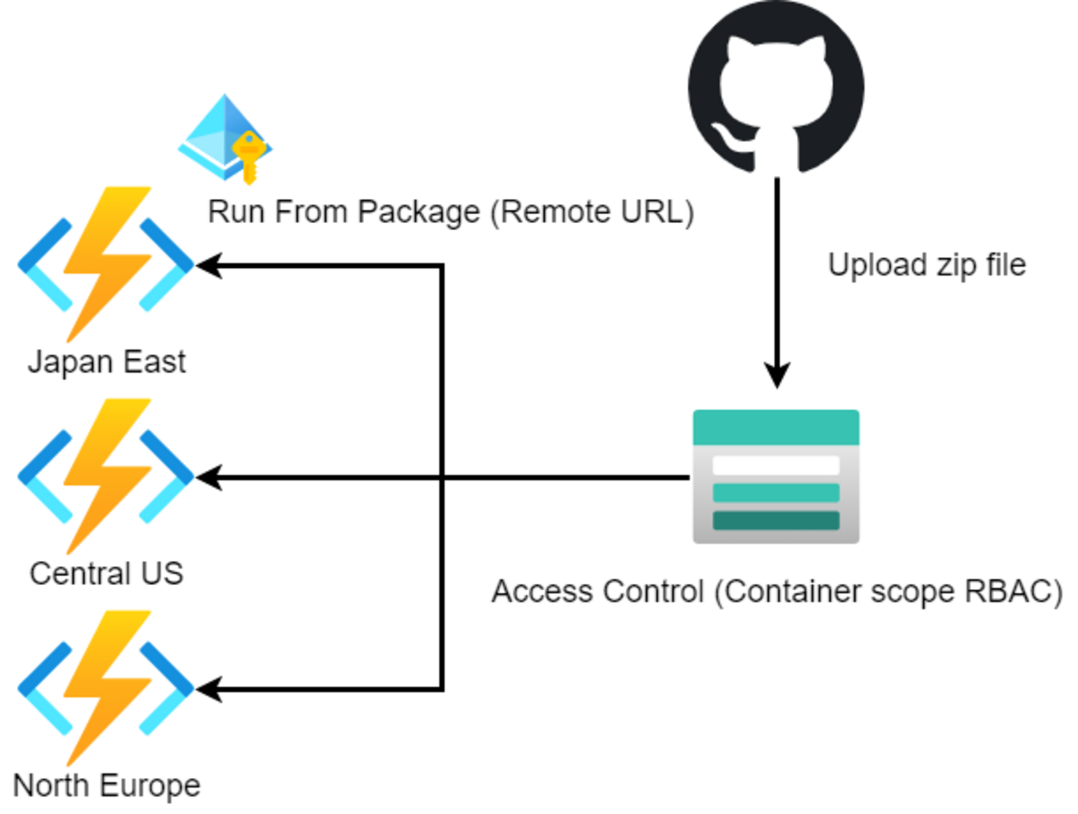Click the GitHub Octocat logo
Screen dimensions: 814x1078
point(776,87)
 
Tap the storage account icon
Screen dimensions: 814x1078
point(775,477)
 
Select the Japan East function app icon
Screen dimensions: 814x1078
point(105,264)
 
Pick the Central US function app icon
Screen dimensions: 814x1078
point(105,475)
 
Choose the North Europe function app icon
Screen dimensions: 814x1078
point(105,688)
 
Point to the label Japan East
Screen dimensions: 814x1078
point(106,363)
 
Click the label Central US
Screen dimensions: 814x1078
point(106,574)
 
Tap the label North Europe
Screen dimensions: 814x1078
point(106,786)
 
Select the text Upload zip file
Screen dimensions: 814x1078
point(926,266)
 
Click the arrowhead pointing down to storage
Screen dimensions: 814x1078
point(776,375)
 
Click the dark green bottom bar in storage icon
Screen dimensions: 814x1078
point(775,520)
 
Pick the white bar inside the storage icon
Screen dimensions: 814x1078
point(775,465)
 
